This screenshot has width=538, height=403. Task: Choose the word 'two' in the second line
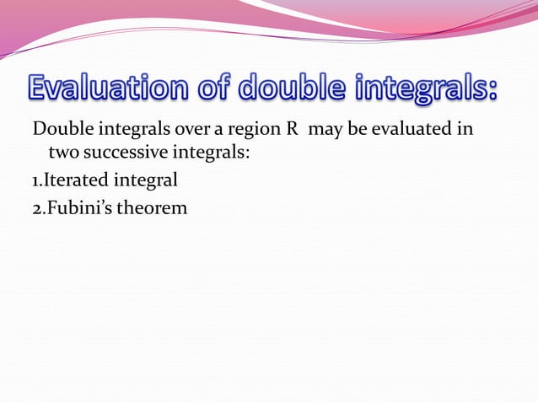click(x=64, y=153)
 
